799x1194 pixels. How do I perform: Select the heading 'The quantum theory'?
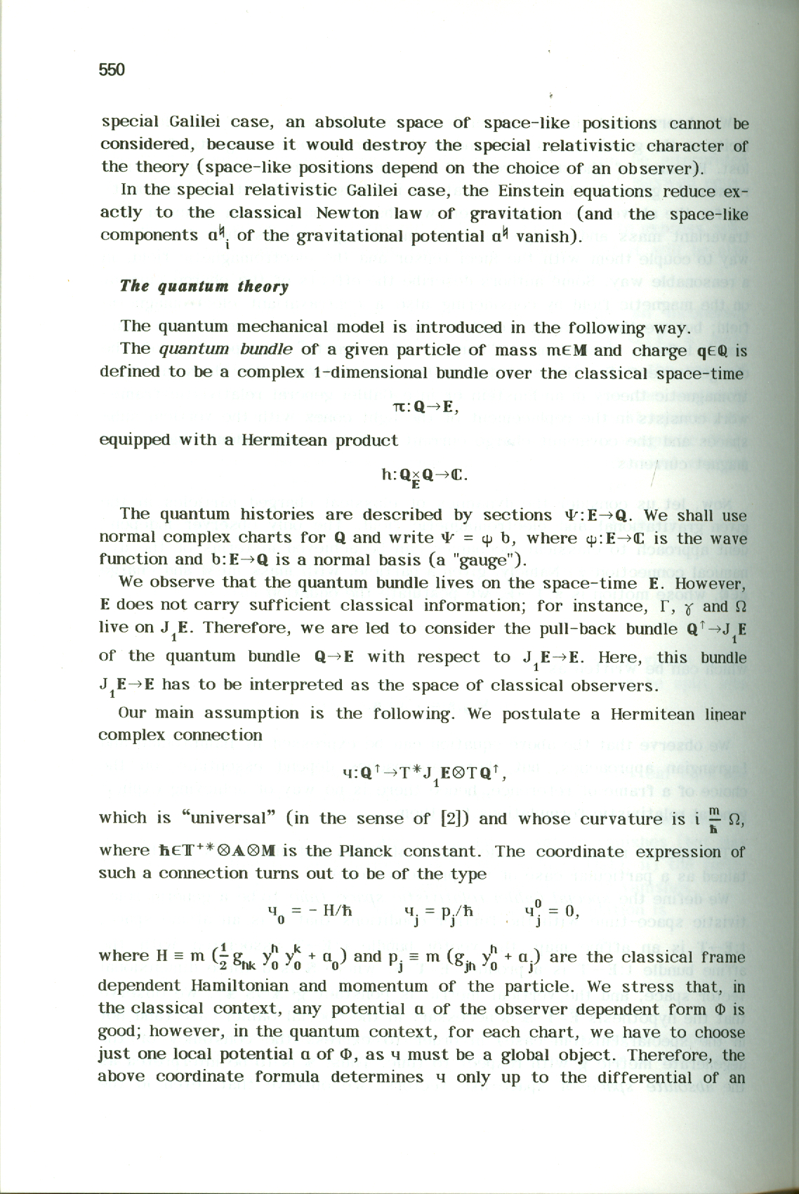[204, 286]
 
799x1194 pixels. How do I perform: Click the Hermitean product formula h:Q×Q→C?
[424, 477]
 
